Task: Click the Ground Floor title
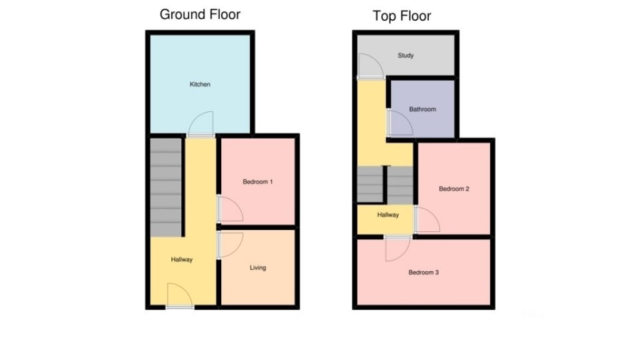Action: (200, 14)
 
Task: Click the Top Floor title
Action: (402, 16)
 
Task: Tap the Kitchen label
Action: (200, 84)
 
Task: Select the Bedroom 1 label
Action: (257, 182)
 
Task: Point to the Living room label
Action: (257, 267)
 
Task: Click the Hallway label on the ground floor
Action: (182, 260)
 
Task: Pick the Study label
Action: (406, 56)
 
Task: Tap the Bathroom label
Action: (422, 109)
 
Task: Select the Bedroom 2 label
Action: (454, 189)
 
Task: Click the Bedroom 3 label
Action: (424, 272)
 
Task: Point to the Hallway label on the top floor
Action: (387, 215)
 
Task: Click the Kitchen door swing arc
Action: (201, 124)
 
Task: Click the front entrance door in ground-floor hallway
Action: (179, 295)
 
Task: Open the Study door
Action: (368, 65)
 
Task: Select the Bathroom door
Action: (399, 123)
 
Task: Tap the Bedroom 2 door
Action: (427, 219)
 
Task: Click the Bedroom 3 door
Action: (397, 248)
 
